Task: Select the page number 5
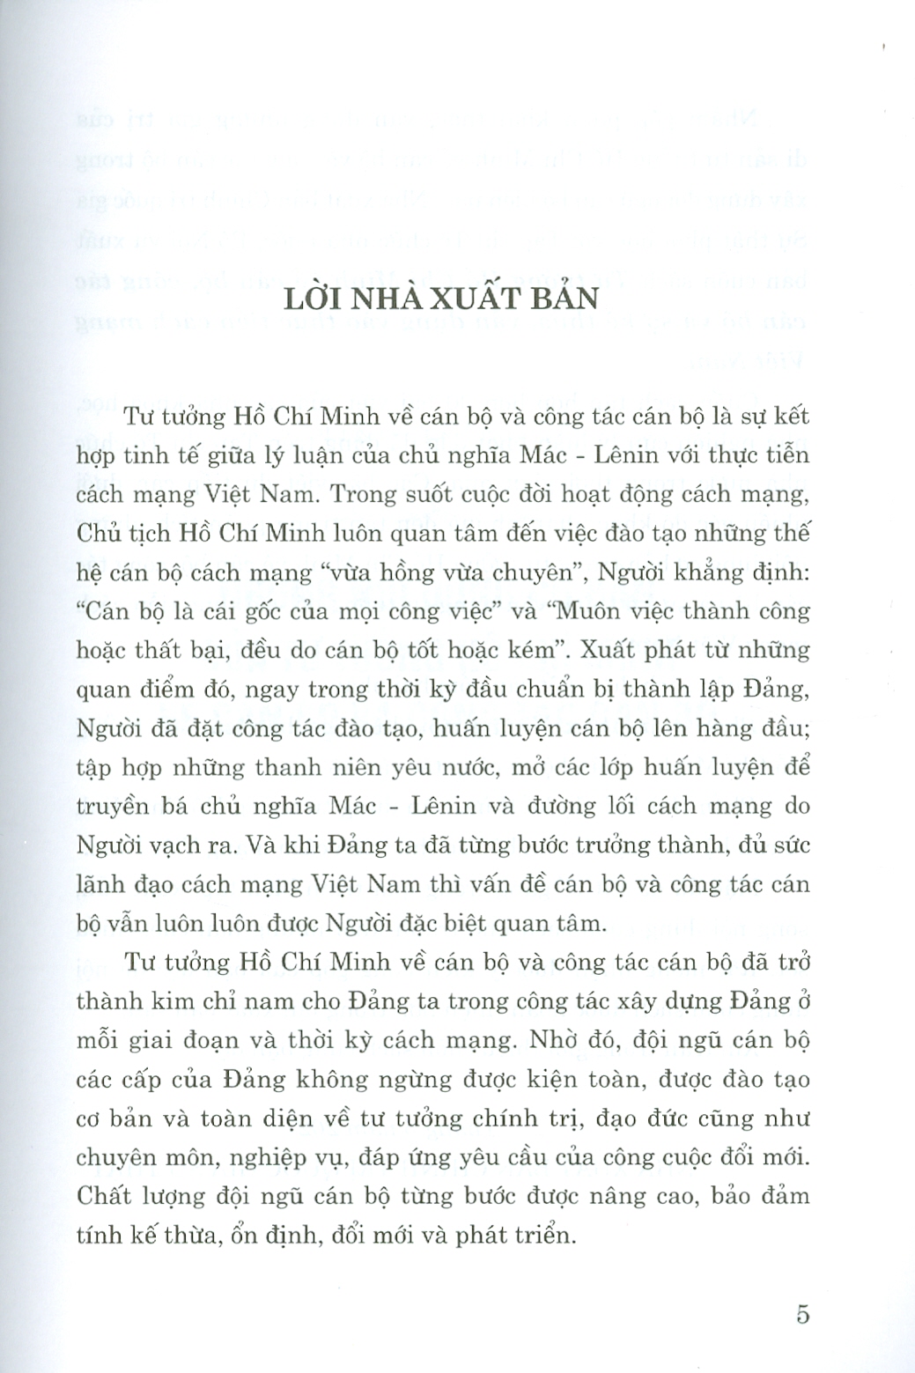[802, 1315]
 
